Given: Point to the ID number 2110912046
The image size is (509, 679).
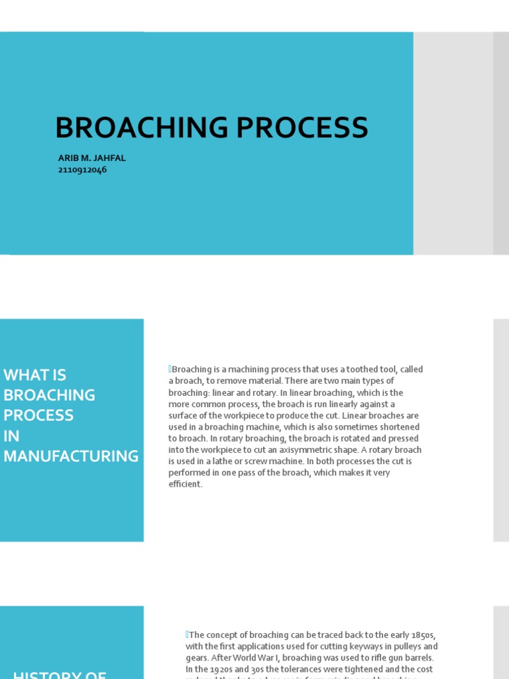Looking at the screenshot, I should coord(83,170).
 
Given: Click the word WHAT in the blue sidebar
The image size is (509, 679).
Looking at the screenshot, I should coord(34,375).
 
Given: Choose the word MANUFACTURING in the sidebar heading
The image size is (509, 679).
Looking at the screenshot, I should coord(71,456).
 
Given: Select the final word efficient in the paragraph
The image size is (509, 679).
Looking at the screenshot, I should coord(185,485).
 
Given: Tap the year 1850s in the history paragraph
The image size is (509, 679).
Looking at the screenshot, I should coord(424,635).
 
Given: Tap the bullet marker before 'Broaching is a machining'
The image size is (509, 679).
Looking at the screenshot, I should coord(170,369).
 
